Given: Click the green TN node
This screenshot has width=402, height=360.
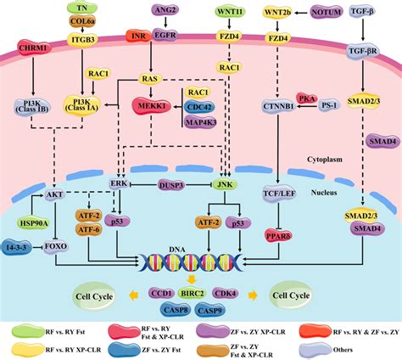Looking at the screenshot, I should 82,7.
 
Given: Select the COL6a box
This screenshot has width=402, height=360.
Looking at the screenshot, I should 82,22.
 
